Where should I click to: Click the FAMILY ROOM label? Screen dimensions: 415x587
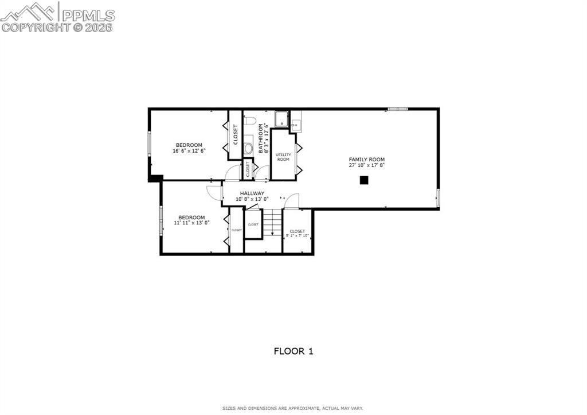(367, 159)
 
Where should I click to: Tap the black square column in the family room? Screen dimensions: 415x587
(363, 180)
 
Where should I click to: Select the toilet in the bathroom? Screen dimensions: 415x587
(249, 121)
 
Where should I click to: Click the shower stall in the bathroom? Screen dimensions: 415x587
(281, 119)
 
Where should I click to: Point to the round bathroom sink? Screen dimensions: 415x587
(249, 148)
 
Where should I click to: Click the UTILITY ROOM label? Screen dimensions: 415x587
(283, 157)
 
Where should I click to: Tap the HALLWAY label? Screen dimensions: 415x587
(252, 193)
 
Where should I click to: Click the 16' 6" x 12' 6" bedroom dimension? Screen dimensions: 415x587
(189, 151)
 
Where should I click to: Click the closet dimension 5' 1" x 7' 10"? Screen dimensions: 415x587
(298, 236)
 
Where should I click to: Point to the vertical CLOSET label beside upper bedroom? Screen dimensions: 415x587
(236, 134)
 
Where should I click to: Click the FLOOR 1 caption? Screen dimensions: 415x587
(293, 351)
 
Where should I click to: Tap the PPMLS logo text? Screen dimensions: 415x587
(88, 15)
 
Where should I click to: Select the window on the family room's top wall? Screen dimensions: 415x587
(398, 108)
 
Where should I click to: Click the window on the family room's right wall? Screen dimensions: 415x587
(438, 197)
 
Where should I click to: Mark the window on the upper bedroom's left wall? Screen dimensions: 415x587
(150, 143)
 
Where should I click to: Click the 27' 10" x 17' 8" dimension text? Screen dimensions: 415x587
(367, 165)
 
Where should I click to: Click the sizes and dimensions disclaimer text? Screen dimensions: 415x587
(293, 409)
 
